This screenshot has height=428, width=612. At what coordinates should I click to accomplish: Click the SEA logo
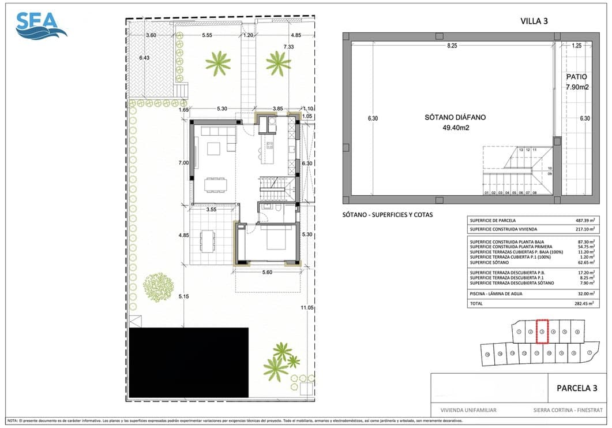(41, 25)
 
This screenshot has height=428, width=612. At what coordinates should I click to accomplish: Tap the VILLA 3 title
(534, 21)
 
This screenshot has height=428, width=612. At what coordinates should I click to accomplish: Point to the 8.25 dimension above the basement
(451, 46)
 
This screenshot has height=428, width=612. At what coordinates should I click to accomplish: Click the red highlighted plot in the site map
(542, 332)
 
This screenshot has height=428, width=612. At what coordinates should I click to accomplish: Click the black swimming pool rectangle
(188, 363)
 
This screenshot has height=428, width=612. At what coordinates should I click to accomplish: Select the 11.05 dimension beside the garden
(307, 308)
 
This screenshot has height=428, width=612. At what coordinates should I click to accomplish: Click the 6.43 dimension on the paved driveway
(144, 58)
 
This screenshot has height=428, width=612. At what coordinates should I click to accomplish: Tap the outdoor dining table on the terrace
(206, 241)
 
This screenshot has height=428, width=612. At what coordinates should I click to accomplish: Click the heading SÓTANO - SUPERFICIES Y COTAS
(388, 215)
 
